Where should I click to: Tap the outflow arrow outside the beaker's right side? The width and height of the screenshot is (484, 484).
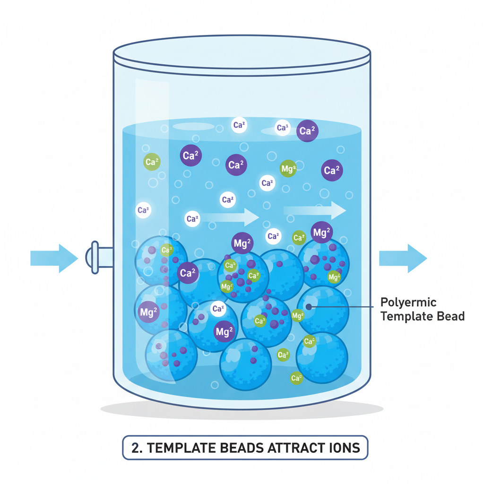point(403,258)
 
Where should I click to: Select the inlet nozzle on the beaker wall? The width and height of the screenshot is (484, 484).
point(96,258)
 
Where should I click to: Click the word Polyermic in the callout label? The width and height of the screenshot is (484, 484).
point(408,302)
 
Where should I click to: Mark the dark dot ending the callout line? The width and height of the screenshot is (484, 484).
point(309,306)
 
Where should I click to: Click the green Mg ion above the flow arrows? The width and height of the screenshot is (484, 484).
point(288,168)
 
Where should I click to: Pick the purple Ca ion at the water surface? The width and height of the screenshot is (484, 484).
point(307,131)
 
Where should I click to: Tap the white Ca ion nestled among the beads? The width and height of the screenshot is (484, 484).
point(217,309)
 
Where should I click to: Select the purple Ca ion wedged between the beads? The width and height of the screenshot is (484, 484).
point(188,273)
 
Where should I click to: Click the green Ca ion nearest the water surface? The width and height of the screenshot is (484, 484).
point(152,162)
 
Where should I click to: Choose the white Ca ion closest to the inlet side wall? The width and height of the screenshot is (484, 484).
point(143,210)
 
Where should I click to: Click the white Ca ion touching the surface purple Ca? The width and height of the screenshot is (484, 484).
point(283,128)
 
